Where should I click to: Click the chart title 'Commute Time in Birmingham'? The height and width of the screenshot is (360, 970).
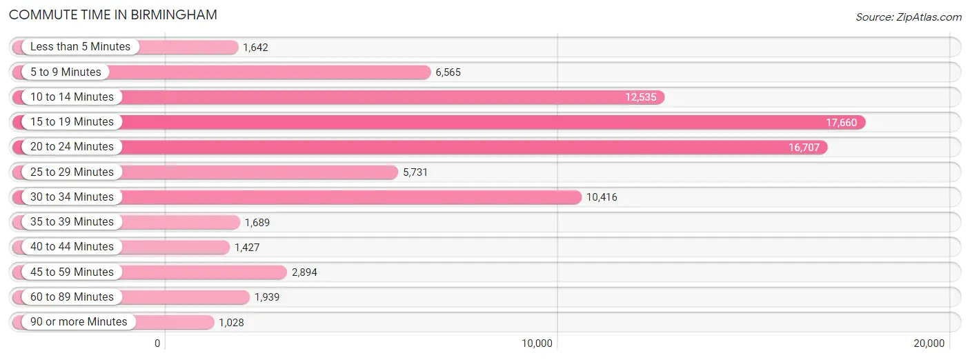[113, 14]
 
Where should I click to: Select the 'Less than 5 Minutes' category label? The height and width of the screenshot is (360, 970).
[80, 47]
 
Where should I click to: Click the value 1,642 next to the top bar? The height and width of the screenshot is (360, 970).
[255, 47]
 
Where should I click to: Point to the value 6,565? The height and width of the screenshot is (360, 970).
[448, 72]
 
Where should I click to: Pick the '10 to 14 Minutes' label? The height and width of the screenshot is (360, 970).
[72, 97]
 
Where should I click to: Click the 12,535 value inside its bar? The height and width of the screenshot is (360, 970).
[641, 97]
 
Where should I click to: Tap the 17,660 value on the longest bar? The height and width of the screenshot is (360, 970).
[842, 123]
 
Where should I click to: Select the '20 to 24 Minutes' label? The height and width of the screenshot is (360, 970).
[72, 147]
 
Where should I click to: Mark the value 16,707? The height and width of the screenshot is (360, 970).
[804, 148]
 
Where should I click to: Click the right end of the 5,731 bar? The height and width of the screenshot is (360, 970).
[397, 172]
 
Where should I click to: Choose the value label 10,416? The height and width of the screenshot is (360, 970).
[602, 197]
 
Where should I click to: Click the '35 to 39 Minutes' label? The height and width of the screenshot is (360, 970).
[72, 221]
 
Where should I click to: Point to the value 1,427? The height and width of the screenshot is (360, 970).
[247, 248]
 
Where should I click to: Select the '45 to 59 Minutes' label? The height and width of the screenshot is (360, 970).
[72, 272]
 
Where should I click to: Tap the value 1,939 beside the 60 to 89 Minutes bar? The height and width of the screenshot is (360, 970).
[267, 297]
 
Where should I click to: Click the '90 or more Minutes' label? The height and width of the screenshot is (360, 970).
[79, 321]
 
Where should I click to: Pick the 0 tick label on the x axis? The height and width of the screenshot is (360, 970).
[157, 343]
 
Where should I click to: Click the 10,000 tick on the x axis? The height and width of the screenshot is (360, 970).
[537, 343]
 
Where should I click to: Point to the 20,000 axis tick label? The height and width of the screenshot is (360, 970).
[929, 343]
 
